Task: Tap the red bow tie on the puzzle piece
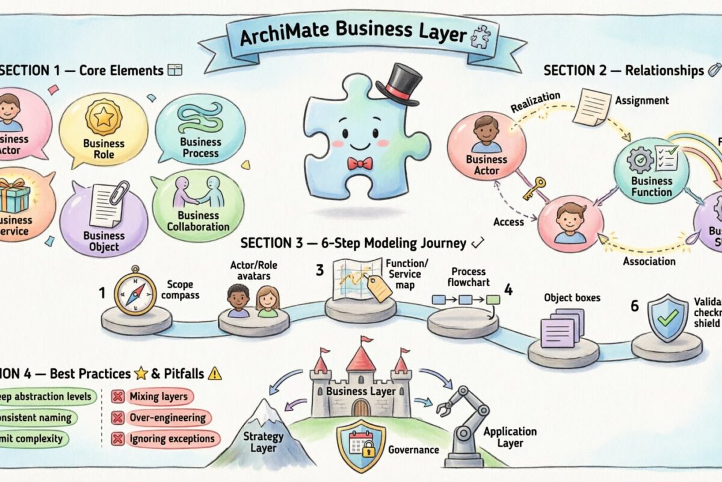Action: pyautogui.click(x=360, y=163)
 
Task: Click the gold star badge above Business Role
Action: pyautogui.click(x=103, y=117)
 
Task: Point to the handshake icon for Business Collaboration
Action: pyautogui.click(x=199, y=193)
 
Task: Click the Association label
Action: pyautogui.click(x=649, y=261)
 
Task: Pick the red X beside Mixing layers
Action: pyautogui.click(x=118, y=396)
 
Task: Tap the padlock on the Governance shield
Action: pyautogui.click(x=367, y=449)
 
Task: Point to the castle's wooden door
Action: pyautogui.click(x=360, y=408)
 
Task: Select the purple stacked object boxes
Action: pyautogui.click(x=562, y=328)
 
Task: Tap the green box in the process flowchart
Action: pyautogui.click(x=493, y=299)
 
